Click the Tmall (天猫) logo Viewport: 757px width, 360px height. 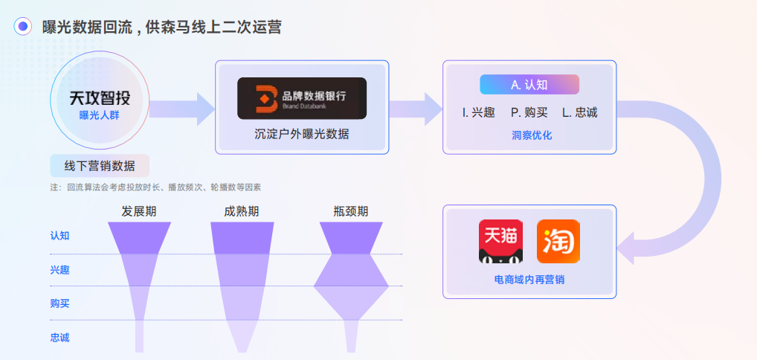[x=500, y=241]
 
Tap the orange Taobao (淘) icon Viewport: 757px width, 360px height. [x=558, y=241]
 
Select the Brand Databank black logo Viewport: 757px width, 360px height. [x=302, y=98]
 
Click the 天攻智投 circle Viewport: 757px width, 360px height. [x=100, y=104]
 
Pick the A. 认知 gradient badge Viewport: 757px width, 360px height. [x=529, y=85]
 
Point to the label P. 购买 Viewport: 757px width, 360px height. [x=529, y=113]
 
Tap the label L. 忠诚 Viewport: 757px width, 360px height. [x=579, y=113]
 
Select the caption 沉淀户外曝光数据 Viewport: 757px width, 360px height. [x=301, y=135]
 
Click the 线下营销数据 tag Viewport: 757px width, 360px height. [x=100, y=165]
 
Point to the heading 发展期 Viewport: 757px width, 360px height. [x=139, y=211]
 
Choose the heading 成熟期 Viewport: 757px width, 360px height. [x=241, y=211]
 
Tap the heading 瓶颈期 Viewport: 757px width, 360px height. [x=350, y=211]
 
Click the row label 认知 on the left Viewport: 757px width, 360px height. [x=59, y=236]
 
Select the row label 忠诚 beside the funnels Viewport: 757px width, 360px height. [x=59, y=338]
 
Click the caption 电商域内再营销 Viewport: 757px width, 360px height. [x=529, y=280]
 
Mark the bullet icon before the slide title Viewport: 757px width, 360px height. [x=23, y=27]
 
